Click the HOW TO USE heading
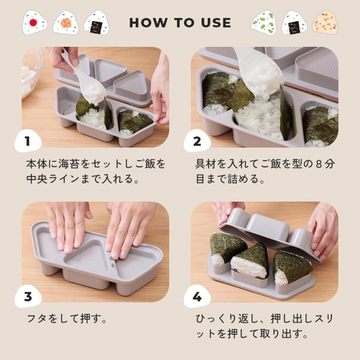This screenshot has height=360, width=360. [x=180, y=23]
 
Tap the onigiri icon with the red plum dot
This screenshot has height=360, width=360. [x=34, y=22]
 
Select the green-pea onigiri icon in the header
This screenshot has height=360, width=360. [x=264, y=22]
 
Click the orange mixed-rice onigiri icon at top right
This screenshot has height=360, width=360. [x=325, y=22]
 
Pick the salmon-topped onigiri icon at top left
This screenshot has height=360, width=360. [x=66, y=22]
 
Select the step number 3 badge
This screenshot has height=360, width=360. [x=28, y=297]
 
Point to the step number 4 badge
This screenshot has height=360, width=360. [x=197, y=297]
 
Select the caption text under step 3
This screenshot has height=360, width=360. [x=66, y=319]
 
